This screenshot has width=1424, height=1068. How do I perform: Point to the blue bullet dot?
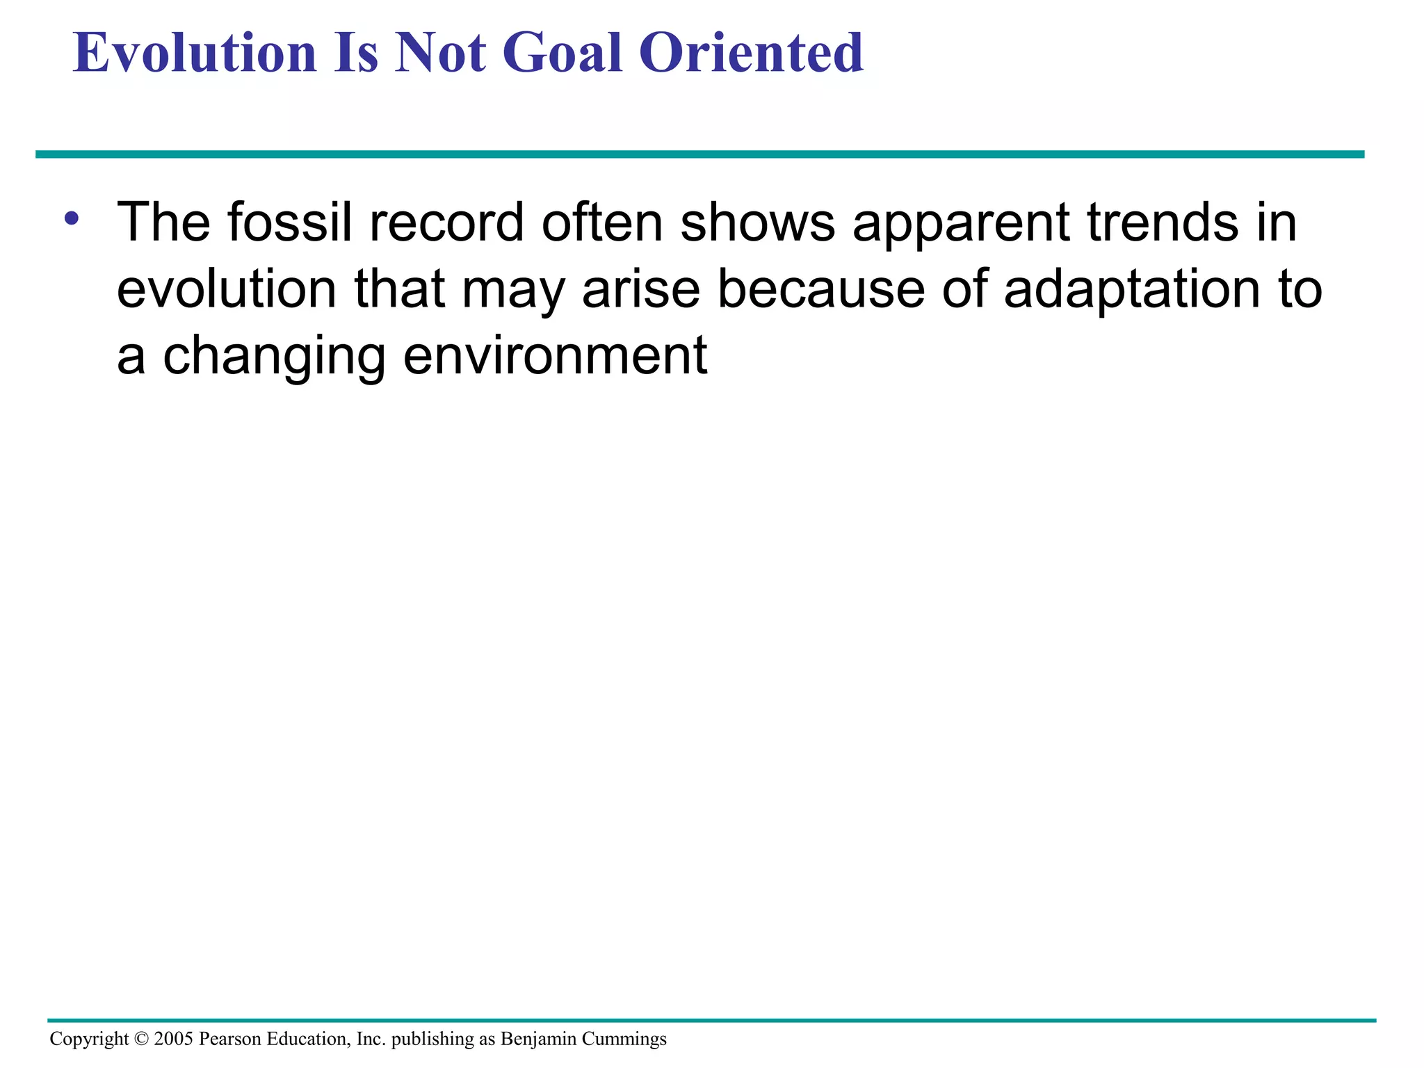coord(71,219)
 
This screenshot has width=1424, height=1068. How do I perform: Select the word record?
coord(446,222)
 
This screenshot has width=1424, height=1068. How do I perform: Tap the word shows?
coord(757,222)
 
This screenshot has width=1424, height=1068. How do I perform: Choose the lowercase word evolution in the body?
coord(227,289)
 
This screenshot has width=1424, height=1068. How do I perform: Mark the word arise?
coord(640,289)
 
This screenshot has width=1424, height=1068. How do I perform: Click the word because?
coord(820,289)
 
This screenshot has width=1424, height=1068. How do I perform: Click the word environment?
coord(555,356)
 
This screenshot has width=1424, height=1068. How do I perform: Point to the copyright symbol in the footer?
coord(141,1039)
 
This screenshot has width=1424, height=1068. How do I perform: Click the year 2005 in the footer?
coord(174,1039)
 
